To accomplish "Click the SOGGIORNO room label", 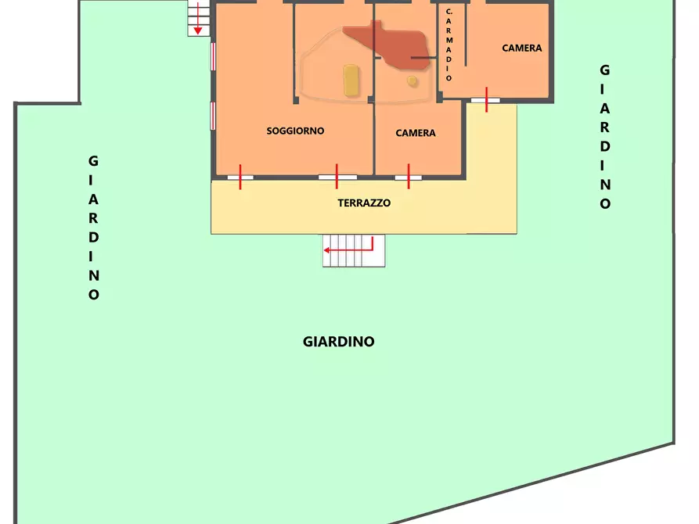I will click(x=295, y=131).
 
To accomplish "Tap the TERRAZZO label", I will click(x=364, y=203).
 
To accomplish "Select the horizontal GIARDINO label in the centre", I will click(x=338, y=342).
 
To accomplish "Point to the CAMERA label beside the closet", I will click(x=521, y=48).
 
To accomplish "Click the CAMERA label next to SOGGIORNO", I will click(x=416, y=133).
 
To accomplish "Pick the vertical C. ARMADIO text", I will click(x=449, y=45).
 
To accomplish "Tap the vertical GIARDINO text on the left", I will click(x=94, y=228).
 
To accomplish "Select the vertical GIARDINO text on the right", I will click(x=605, y=137).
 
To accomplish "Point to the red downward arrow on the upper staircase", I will click(x=198, y=19).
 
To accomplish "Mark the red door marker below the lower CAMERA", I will click(x=409, y=177).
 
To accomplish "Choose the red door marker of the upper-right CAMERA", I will click(x=486, y=99).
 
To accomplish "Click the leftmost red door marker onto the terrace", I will click(x=240, y=177).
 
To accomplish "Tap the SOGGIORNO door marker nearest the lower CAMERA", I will click(x=337, y=177).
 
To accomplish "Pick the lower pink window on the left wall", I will click(x=212, y=115).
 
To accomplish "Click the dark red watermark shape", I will click(x=387, y=43).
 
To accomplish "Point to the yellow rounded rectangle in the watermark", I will click(x=351, y=81).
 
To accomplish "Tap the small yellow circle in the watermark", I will click(x=412, y=80).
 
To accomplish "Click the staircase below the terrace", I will click(x=355, y=251).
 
